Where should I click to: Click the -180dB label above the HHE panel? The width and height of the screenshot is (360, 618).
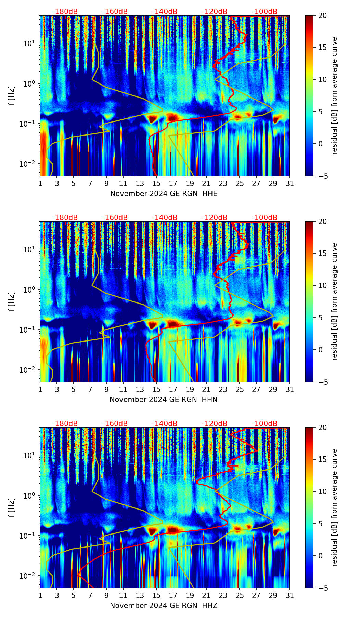click(x=65, y=12)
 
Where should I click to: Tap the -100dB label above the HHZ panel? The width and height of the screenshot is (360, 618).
click(x=265, y=424)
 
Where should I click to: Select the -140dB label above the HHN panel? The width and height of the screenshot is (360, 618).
click(x=165, y=218)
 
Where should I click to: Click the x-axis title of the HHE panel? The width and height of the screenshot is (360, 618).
click(x=164, y=194)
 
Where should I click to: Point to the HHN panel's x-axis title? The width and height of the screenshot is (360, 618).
click(x=164, y=400)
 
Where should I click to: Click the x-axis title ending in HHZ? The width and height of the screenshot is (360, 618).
click(x=164, y=606)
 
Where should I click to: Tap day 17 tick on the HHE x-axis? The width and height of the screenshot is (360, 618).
click(x=173, y=183)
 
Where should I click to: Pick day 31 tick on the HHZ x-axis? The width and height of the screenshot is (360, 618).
click(x=290, y=595)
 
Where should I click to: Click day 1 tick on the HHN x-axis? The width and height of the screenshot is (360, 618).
click(x=40, y=389)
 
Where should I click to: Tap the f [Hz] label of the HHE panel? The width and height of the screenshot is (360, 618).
click(x=12, y=95)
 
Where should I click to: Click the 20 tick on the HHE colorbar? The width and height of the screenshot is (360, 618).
click(x=323, y=15)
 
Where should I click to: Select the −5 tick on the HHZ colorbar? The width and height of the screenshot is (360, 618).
click(x=323, y=588)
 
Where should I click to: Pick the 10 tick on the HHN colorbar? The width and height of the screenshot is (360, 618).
click(x=323, y=285)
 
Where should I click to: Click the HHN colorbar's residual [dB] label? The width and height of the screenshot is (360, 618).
click(x=334, y=301)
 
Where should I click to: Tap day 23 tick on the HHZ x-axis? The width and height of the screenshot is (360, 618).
click(x=223, y=595)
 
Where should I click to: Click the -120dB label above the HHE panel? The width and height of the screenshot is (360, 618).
click(x=215, y=12)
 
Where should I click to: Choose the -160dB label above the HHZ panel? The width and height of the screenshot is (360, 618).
click(x=115, y=424)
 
